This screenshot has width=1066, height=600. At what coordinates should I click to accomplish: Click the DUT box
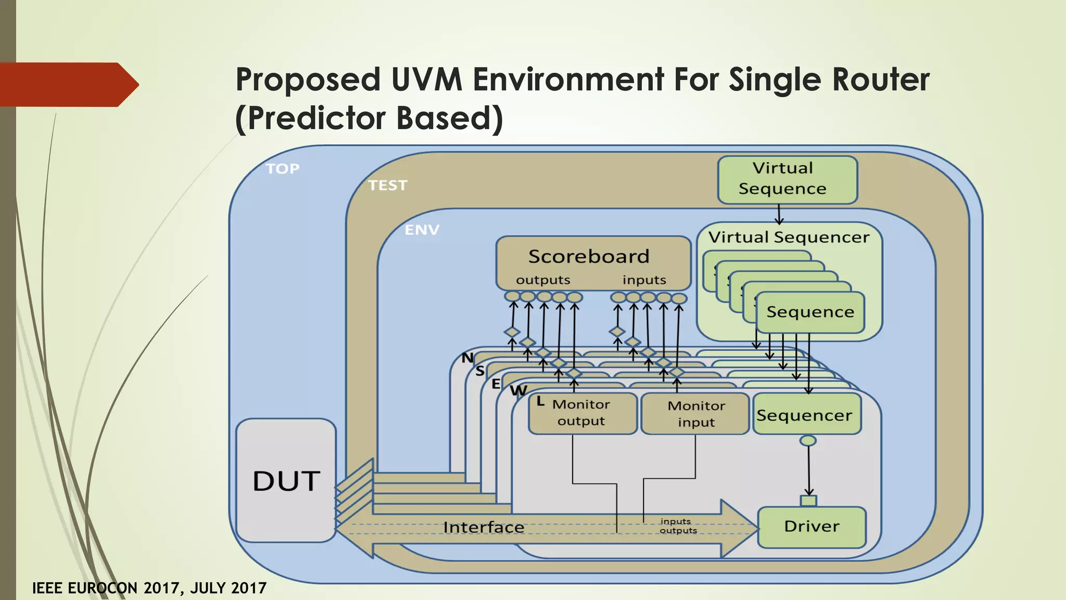pyautogui.click(x=286, y=480)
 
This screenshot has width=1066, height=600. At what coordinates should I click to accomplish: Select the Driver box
pyautogui.click(x=811, y=527)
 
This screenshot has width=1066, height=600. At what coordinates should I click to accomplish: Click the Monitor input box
pyautogui.click(x=695, y=414)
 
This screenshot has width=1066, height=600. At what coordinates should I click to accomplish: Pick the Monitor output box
pyautogui.click(x=582, y=413)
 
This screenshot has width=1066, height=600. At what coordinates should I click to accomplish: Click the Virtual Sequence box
pyautogui.click(x=786, y=179)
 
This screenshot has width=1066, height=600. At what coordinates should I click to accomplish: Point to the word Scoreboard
pyautogui.click(x=589, y=256)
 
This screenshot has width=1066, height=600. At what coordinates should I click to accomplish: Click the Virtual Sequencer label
pyautogui.click(x=789, y=238)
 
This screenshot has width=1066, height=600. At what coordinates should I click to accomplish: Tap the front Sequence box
pyautogui.click(x=810, y=312)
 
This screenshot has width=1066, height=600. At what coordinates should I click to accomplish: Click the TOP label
pyautogui.click(x=283, y=169)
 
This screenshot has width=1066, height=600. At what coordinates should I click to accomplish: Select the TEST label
pyautogui.click(x=387, y=185)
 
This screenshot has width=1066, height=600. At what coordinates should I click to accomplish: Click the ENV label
pyautogui.click(x=422, y=230)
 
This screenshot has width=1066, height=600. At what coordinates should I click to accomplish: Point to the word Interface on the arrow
pyautogui.click(x=484, y=528)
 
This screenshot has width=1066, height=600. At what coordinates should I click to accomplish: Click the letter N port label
pyautogui.click(x=467, y=358)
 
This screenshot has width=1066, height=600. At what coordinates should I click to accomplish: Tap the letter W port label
pyautogui.click(x=518, y=391)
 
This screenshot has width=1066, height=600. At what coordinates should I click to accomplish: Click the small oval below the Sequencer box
pyautogui.click(x=808, y=441)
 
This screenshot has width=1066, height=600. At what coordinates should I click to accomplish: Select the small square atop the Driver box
pyautogui.click(x=808, y=501)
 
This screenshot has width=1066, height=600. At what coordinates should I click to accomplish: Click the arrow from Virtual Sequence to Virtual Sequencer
pyautogui.click(x=779, y=214)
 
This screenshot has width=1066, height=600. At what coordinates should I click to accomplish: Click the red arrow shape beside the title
pyautogui.click(x=68, y=84)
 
